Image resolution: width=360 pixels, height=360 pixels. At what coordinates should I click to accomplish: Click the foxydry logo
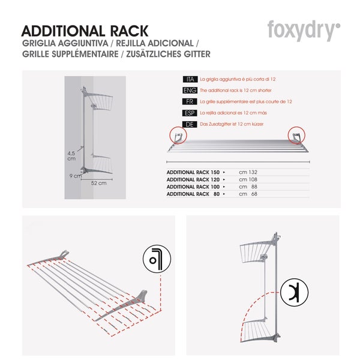[304, 31]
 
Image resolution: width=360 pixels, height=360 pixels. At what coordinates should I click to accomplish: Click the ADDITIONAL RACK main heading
[85, 31]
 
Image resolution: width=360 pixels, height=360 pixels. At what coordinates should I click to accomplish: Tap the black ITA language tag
[190, 79]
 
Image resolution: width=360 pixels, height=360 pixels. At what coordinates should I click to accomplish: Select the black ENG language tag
[190, 91]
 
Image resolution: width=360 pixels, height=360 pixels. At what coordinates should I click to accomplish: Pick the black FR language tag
[190, 102]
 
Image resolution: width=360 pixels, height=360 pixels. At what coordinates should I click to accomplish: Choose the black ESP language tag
[190, 113]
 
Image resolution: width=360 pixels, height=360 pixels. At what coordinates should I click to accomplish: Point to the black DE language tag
[190, 124]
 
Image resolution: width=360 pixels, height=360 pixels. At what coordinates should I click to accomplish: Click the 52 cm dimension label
[99, 183]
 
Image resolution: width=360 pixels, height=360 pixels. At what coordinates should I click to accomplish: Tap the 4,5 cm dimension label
[71, 156]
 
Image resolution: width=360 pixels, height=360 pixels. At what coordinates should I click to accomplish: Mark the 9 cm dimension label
[76, 176]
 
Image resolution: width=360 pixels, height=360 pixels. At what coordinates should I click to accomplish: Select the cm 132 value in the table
[248, 172]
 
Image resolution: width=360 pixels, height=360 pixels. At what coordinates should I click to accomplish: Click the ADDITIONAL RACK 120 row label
[193, 179]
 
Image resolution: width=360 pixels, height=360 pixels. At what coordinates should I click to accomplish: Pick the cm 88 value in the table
[248, 187]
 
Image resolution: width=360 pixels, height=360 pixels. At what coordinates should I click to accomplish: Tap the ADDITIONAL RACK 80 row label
[193, 194]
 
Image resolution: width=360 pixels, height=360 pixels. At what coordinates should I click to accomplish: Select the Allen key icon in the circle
[157, 259]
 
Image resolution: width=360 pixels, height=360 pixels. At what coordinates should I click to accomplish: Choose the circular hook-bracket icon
[294, 293]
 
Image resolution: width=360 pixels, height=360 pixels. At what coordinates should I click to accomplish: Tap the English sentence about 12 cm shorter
[236, 91]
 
